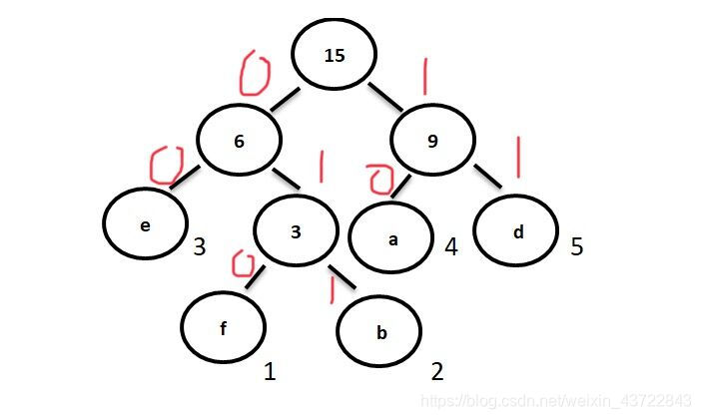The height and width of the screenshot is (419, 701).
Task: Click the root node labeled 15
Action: [x=335, y=56]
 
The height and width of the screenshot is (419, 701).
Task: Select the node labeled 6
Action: [x=239, y=142]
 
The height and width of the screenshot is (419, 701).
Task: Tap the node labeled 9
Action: [x=431, y=142]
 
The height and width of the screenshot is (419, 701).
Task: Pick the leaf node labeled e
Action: [x=146, y=225]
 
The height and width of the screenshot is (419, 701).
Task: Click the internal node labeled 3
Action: [x=296, y=232]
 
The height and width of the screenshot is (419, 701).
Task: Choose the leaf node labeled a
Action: [x=390, y=239]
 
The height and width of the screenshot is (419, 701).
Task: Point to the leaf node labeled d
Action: [x=516, y=233]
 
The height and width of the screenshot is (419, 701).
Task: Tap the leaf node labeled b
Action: [x=380, y=332]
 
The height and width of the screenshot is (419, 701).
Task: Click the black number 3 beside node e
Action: [x=200, y=245]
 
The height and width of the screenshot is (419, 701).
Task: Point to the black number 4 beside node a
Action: [x=450, y=245]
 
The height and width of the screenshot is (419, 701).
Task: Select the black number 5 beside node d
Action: [x=576, y=245]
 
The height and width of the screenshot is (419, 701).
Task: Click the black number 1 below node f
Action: [x=269, y=373]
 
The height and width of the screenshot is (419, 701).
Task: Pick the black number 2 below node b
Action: [x=436, y=373]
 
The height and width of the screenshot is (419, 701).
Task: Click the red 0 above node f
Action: [x=240, y=264]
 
